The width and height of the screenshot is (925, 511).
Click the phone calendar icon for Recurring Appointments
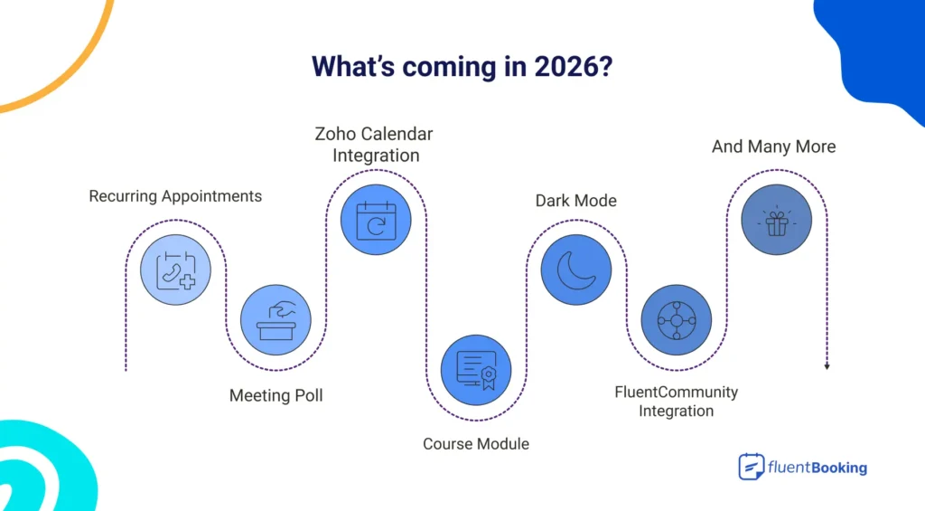[x=175, y=270]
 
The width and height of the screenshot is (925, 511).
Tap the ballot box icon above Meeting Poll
[x=276, y=320]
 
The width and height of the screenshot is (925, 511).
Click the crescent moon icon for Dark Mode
[x=576, y=270]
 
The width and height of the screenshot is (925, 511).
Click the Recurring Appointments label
[x=175, y=196]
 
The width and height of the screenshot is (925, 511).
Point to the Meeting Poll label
[x=276, y=395]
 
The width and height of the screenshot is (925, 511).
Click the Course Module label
[x=476, y=444]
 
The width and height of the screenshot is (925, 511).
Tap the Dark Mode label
[x=576, y=200]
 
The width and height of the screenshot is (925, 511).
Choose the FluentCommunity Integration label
[x=677, y=402]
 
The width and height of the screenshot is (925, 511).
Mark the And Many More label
[x=773, y=147]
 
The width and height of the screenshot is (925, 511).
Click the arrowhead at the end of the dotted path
[x=827, y=366]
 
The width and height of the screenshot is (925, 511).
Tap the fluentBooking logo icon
[x=751, y=467]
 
